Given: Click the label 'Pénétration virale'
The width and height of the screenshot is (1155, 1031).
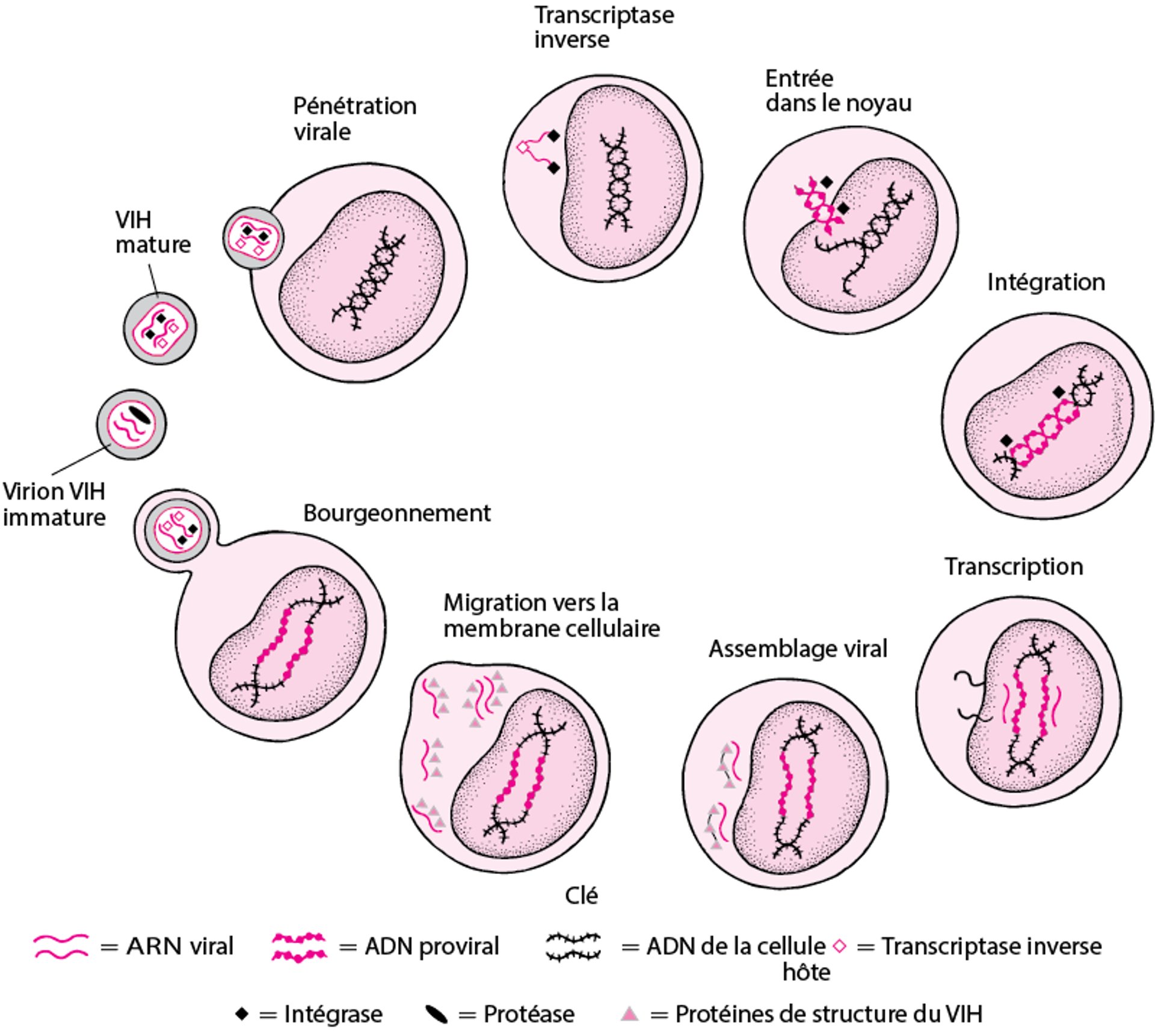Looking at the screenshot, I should pos(354,119).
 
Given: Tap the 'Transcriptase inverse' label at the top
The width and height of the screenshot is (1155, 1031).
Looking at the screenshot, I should pos(603,27).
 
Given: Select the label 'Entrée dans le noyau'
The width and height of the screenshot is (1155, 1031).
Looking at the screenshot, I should pos(838,91).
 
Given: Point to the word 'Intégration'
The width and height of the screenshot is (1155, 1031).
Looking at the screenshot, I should pos(1046,282).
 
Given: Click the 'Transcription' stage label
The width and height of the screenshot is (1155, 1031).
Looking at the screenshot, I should pos(1014,567).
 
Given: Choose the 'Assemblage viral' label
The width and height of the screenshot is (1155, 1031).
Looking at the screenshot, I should pos(798,649).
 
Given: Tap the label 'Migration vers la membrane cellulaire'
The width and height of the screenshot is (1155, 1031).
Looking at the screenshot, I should pos(551,615).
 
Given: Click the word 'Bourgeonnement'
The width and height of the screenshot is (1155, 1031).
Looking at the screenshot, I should pos(396,513).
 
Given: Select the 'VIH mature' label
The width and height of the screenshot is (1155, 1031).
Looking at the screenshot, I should pos(153,232).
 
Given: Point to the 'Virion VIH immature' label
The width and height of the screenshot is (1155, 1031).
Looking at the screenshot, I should pos(54,504).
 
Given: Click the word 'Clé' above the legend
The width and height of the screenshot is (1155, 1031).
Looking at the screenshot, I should pos(581,896).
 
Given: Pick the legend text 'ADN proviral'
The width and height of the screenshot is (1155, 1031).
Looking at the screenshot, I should pos(431,946).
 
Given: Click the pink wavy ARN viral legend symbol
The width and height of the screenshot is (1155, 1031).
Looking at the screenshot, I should pos(61,946).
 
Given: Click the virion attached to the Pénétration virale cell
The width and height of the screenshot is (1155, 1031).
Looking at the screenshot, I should pos(253,238).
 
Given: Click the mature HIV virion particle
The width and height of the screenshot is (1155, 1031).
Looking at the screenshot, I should pos(159,329).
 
